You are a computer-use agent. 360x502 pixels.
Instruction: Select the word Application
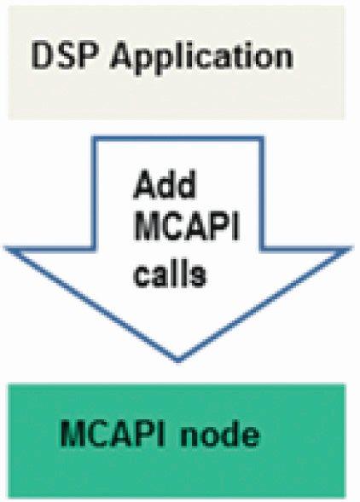pos(201,60)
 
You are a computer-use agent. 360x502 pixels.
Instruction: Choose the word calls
pos(170,272)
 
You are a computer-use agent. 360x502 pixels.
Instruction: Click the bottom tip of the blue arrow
pos(178,361)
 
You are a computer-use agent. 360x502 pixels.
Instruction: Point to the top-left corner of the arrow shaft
pos(94,139)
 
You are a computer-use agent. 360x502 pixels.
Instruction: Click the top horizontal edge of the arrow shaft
pos(177,139)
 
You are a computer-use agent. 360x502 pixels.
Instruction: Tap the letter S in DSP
pos(67,56)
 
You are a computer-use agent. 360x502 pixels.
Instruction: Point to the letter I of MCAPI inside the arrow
pos(237,226)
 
